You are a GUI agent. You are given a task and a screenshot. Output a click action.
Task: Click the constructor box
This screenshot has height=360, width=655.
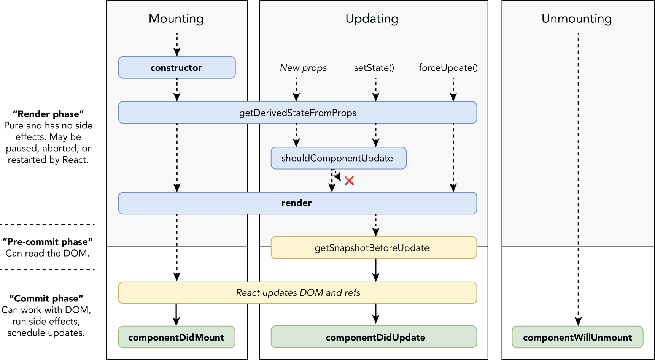coord(177,68)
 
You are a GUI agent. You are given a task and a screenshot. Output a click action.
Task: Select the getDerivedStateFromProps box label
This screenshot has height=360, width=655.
coord(297,113)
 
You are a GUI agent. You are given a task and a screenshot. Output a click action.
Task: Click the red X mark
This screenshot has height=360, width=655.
coord(349,181)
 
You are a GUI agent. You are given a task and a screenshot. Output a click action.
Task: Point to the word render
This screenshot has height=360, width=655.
coord(296,203)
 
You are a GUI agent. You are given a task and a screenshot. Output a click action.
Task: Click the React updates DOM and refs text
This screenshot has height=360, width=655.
coord(298,293)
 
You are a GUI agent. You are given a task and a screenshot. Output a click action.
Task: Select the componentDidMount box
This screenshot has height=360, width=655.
coord(176,337)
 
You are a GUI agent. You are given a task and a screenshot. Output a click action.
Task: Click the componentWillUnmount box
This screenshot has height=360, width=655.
coord(577,337)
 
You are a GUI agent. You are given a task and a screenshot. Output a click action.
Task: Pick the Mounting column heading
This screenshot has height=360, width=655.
coord(176,19)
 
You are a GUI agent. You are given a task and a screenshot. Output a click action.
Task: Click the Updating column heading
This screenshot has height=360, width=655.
coord(372,19)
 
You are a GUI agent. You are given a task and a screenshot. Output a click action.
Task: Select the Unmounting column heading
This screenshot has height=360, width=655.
coord(577,19)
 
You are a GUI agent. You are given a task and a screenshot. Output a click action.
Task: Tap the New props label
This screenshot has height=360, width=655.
coord(303,68)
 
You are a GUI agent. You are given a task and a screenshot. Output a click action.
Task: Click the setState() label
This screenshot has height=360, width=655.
coord(374,68)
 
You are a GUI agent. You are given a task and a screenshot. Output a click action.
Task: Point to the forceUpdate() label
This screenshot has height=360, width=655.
coord(448,68)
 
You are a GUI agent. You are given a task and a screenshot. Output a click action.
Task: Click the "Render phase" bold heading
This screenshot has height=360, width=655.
coord(48,114)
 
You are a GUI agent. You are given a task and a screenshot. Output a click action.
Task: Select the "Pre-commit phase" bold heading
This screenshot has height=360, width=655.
coord(48,242)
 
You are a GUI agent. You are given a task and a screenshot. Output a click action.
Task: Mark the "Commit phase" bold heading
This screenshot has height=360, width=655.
coord(46,298)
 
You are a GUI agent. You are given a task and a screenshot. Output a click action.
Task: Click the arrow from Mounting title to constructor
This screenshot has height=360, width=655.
coord(177,44)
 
